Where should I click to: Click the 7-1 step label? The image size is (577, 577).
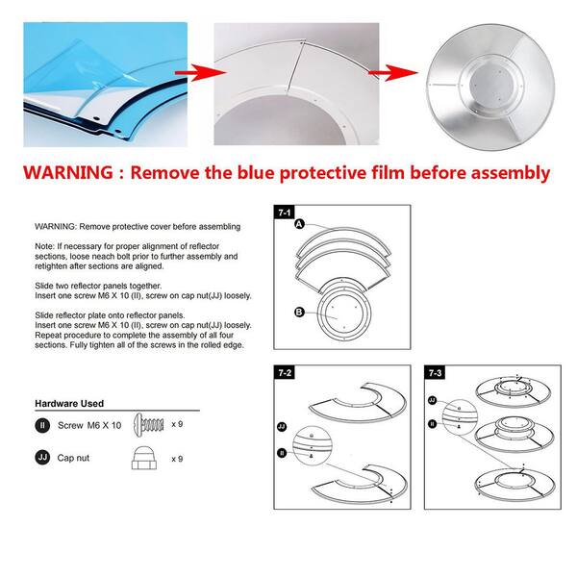(284, 213)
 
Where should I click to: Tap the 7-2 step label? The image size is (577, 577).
(285, 372)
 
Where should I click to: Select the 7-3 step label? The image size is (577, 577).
(435, 372)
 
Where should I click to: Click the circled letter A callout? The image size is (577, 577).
(300, 224)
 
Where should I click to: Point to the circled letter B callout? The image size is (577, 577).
(299, 312)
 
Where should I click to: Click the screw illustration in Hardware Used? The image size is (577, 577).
(149, 425)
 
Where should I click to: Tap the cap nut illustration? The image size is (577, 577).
(144, 458)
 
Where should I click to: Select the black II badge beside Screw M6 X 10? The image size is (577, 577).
(42, 425)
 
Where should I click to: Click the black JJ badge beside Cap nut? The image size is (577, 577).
(42, 458)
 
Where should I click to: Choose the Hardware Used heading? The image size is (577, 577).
(69, 403)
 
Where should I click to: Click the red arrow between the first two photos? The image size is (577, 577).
(201, 72)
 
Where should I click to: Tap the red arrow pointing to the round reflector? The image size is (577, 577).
(393, 72)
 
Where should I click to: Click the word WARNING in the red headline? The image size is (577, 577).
(68, 172)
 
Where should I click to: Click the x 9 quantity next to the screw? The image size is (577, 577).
(177, 424)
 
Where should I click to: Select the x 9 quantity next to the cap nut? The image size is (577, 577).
(177, 459)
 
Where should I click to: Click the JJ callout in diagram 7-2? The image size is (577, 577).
(282, 427)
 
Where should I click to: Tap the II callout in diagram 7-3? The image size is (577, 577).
(433, 424)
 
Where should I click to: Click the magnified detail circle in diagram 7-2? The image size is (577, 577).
(313, 445)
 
